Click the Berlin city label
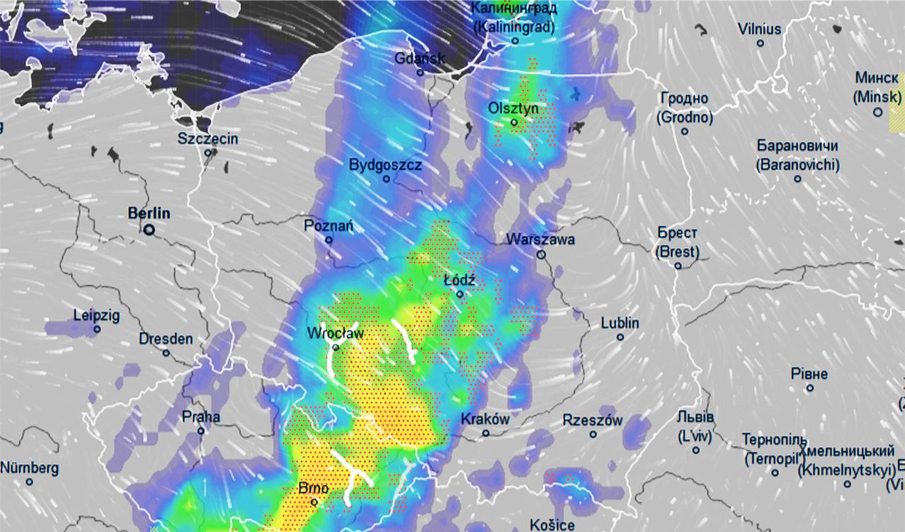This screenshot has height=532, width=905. tap(149, 213)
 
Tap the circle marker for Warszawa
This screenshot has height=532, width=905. tap(541, 255)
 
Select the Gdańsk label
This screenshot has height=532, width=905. tap(420, 58)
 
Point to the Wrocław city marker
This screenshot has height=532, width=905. tap(336, 347)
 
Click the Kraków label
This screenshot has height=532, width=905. tap(485, 419)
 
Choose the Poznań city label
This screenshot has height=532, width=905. tap(328, 226)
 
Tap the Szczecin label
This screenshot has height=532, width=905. tap(208, 139)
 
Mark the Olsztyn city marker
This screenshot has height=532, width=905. tap(515, 122)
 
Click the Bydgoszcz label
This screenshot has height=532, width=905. tap(385, 166)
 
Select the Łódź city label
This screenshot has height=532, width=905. tap(459, 281)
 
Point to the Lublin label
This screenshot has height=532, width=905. tap(620, 323)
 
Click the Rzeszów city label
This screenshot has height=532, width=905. tap(592, 421)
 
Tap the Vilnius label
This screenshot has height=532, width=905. tap(760, 30)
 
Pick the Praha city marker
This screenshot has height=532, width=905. tap(201, 431)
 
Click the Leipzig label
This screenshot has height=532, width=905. tap(97, 316)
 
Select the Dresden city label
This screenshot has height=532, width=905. tap(165, 340)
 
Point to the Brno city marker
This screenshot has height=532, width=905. tap(314, 502)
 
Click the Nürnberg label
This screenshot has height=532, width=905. tap(29, 468)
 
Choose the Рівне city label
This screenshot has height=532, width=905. tap(810, 374)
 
